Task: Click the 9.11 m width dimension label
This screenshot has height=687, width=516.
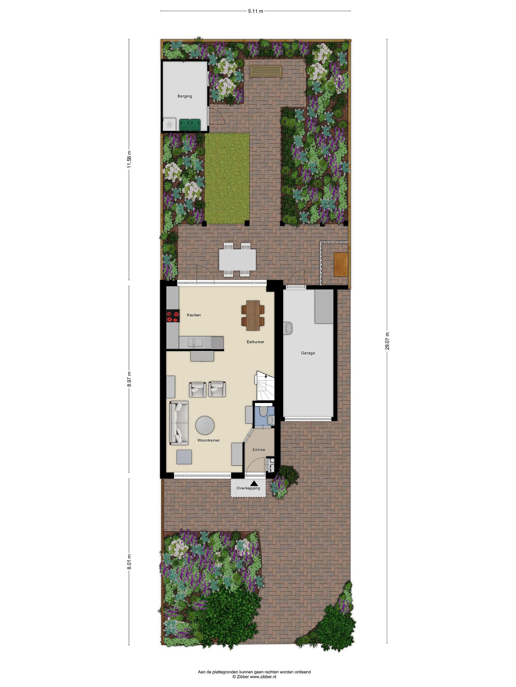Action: click(x=255, y=11)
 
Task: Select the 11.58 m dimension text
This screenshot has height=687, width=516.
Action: click(x=129, y=159)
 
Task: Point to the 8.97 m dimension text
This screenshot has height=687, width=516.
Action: click(x=129, y=379)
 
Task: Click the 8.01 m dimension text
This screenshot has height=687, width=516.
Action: click(x=129, y=562)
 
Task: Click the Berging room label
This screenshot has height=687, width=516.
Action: click(x=185, y=96)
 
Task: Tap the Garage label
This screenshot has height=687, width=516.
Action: click(x=308, y=353)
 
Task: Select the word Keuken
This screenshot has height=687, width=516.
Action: click(x=194, y=315)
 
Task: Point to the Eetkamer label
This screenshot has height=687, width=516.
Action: click(x=255, y=342)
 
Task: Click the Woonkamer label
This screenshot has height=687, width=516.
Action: click(x=209, y=440)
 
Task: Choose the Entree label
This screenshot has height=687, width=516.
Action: click(x=259, y=449)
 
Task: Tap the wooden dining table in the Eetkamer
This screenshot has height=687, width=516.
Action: click(x=253, y=315)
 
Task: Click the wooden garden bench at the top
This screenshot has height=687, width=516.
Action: click(x=266, y=72)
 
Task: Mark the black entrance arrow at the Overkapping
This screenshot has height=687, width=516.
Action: click(x=254, y=483)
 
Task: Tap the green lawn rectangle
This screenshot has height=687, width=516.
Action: click(x=227, y=179)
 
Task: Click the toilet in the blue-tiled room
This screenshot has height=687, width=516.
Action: click(x=263, y=412)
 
